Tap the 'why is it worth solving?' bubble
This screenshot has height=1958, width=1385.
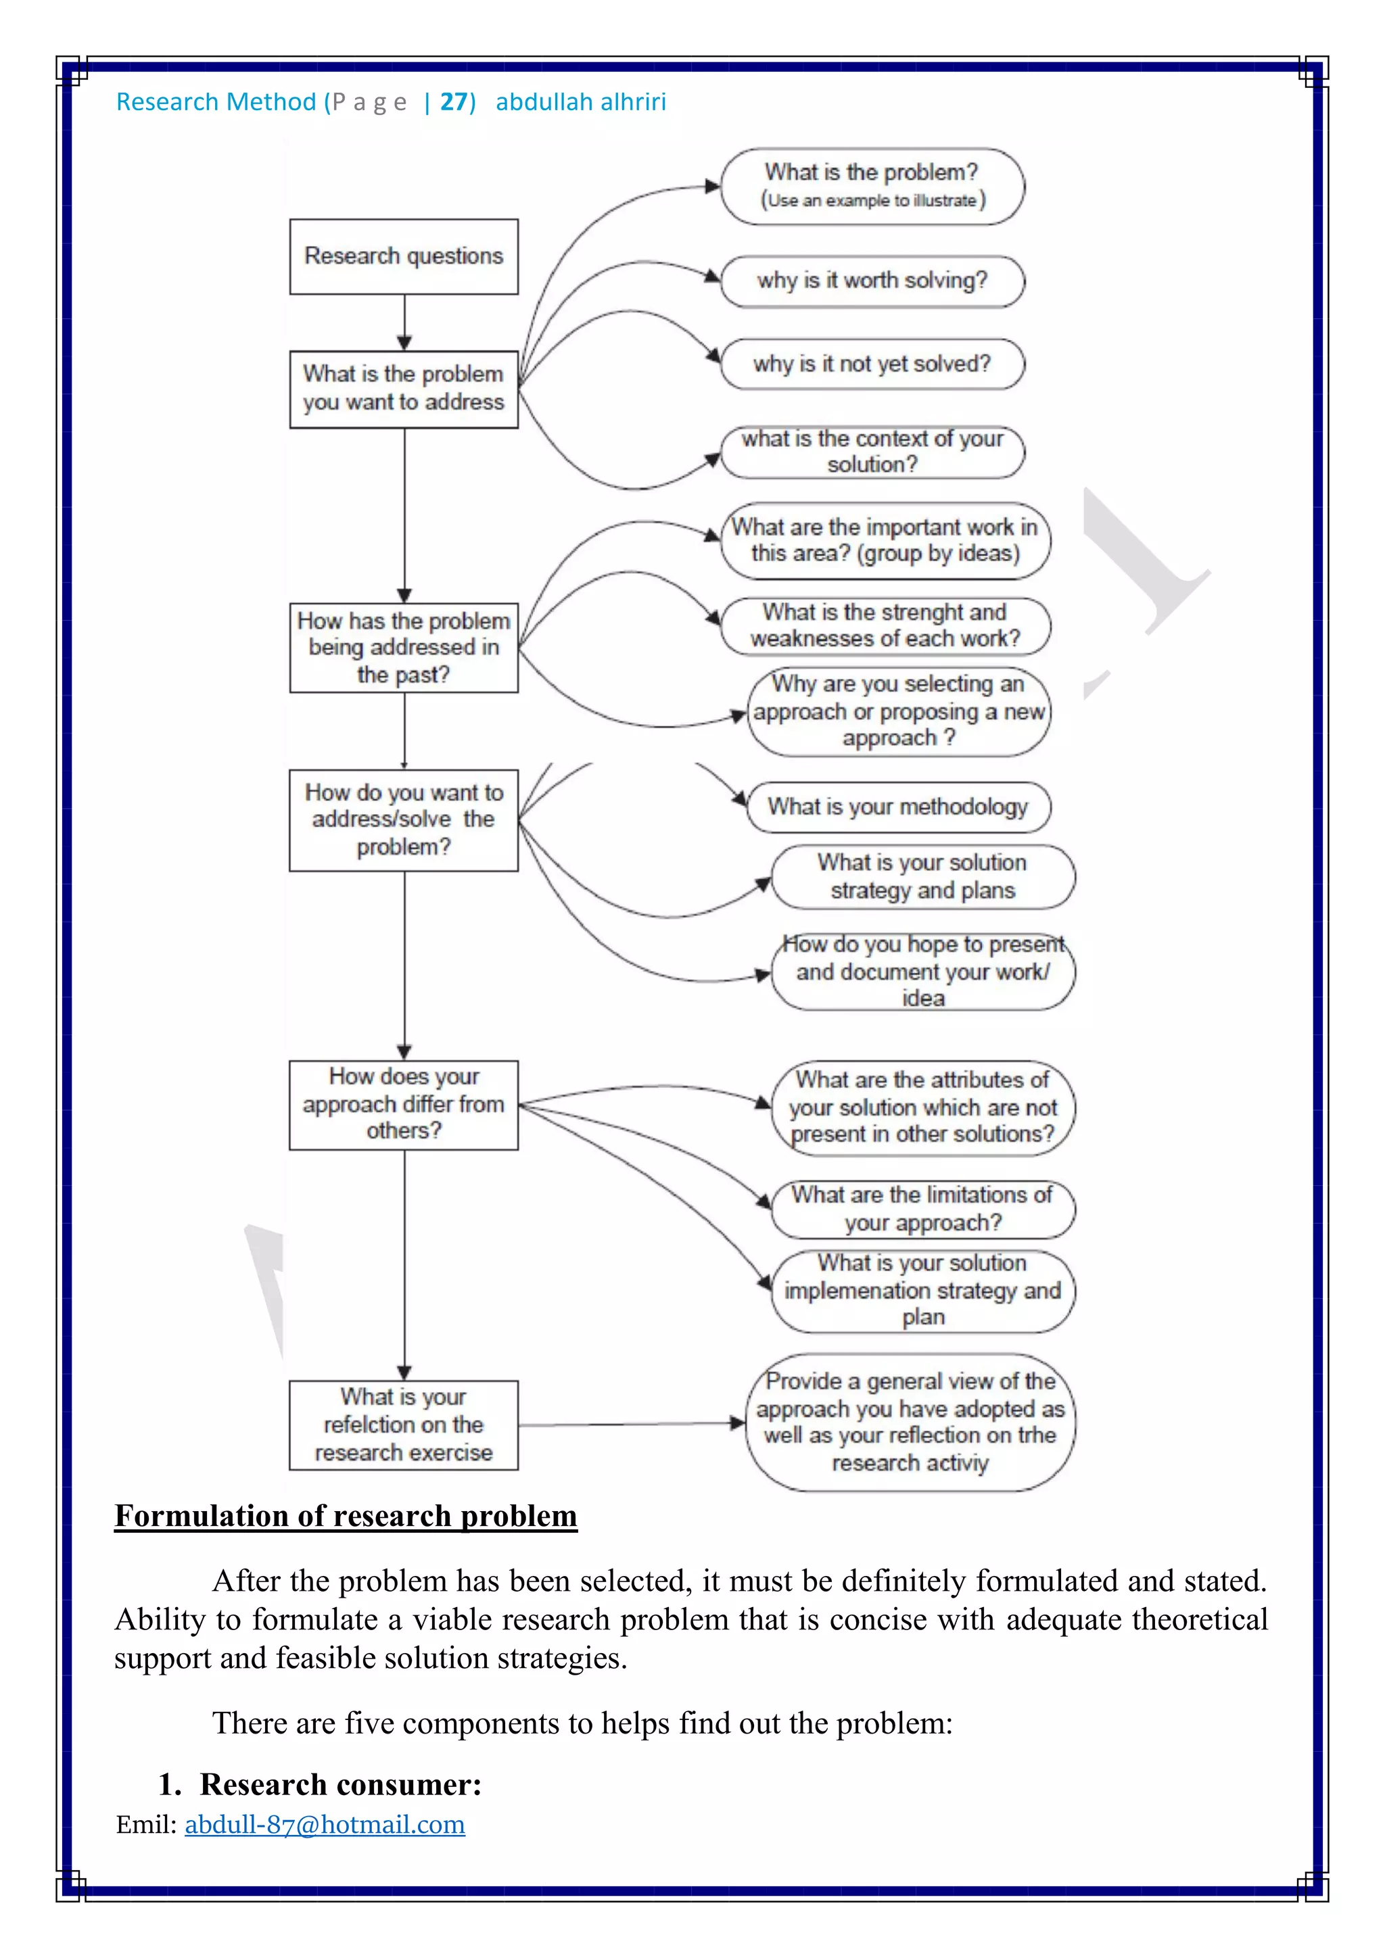point(872,281)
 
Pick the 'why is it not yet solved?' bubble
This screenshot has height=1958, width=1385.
point(872,364)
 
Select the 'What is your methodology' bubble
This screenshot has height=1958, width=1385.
point(897,807)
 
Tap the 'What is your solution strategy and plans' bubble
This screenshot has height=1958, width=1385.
point(922,877)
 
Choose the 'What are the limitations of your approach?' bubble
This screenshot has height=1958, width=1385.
point(922,1208)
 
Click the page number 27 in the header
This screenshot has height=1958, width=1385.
point(454,102)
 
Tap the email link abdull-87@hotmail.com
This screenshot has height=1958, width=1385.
point(325,1824)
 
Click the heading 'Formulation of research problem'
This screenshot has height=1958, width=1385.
point(346,1515)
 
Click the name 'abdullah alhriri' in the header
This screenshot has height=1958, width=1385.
point(581,102)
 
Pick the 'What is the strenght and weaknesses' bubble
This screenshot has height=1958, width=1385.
point(885,626)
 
